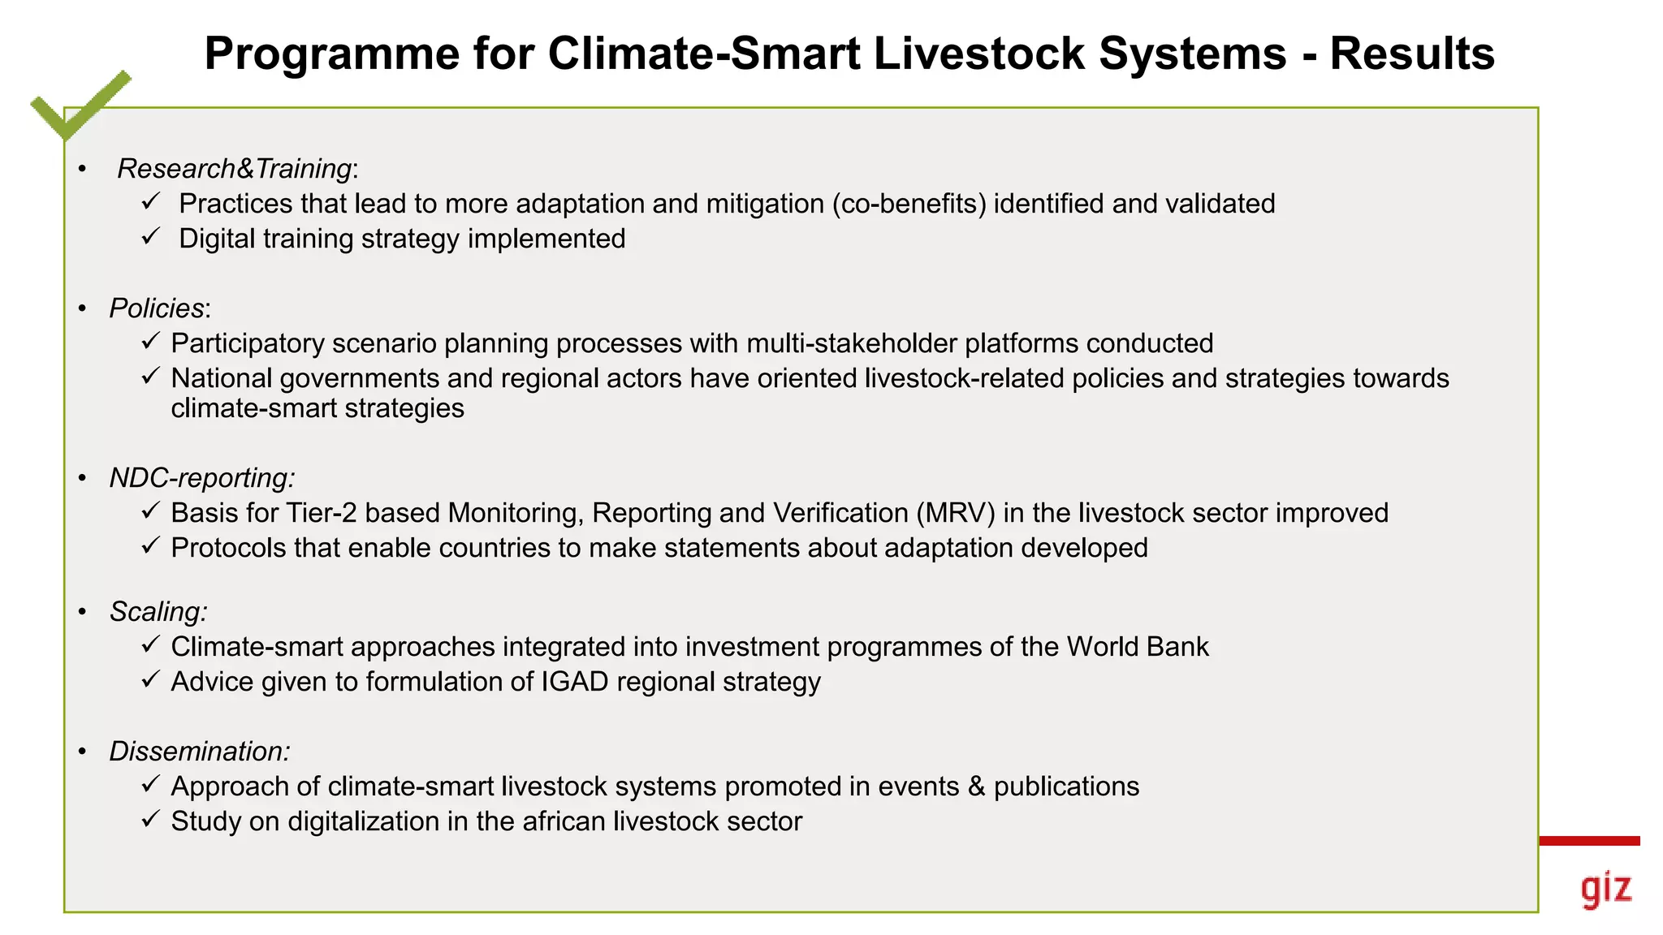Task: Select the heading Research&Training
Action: coord(235,169)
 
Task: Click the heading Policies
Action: coord(158,308)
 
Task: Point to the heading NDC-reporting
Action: coord(201,478)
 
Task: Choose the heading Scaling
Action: coord(158,612)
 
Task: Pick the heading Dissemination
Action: coord(199,752)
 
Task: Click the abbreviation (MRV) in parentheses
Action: coord(955,514)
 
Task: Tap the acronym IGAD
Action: coord(574,682)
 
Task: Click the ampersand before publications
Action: coord(976,786)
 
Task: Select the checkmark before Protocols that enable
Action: coord(151,545)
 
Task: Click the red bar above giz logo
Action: coord(1589,841)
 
